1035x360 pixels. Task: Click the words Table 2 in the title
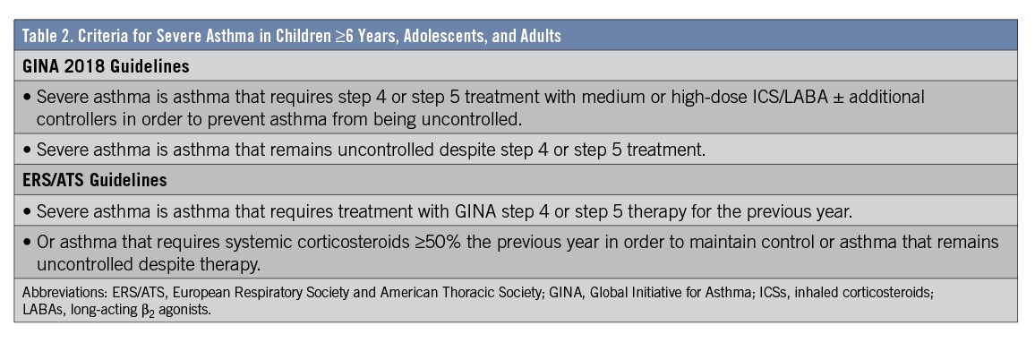tap(43, 36)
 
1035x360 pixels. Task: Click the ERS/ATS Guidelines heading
tap(94, 180)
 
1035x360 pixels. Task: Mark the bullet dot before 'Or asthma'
tap(27, 243)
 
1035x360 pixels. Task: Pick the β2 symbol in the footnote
tap(148, 309)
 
